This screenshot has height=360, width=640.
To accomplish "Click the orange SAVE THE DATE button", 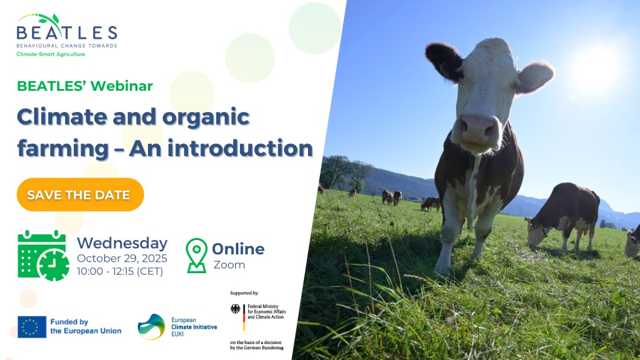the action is click(81, 195).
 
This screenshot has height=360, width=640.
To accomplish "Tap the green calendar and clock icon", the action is click(43, 256).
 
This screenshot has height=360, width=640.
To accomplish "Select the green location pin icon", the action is click(197, 255).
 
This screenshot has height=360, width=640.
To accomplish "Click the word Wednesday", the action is click(122, 243).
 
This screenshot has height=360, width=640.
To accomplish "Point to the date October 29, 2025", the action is click(122, 258).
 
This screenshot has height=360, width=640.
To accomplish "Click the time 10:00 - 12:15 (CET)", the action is click(120, 271).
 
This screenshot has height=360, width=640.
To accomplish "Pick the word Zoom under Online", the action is click(229, 265).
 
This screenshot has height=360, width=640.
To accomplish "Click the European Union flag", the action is click(32, 327).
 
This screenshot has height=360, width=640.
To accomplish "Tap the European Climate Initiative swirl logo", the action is click(151, 326).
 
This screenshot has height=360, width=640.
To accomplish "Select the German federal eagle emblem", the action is click(235, 309).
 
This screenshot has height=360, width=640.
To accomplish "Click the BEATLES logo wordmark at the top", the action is click(67, 32).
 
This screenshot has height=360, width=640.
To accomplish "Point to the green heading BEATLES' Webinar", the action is click(85, 86).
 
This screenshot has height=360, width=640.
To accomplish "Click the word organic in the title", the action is click(206, 118).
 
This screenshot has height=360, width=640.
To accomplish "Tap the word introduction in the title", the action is click(241, 148).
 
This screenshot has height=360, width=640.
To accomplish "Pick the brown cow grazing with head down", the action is click(563, 216).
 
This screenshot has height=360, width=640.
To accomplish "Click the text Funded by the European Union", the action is click(86, 326).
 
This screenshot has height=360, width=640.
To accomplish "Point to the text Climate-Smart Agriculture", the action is click(51, 54).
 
